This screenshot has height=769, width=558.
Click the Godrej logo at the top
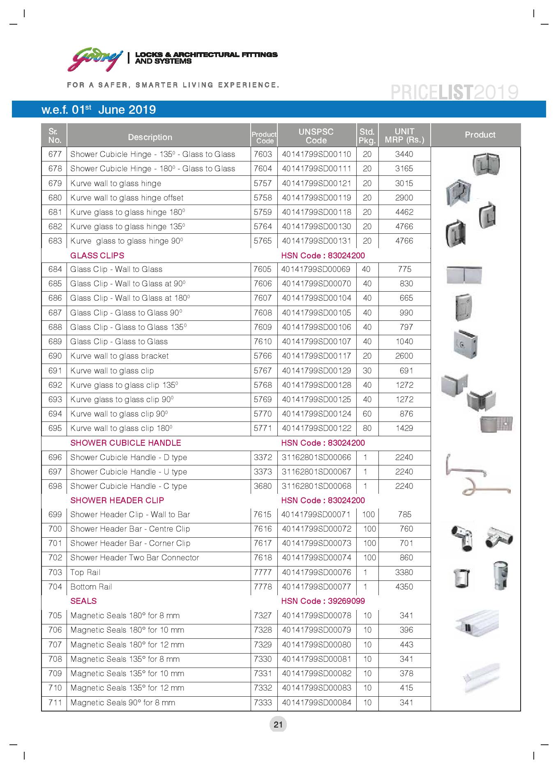(95, 59)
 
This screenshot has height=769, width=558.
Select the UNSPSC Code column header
(316, 136)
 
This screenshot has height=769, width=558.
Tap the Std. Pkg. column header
(367, 136)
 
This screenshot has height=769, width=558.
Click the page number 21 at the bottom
(278, 725)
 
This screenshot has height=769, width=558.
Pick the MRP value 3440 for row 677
(404, 154)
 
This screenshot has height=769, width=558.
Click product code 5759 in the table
(263, 212)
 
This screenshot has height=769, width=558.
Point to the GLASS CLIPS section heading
(97, 256)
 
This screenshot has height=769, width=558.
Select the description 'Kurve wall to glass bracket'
(119, 356)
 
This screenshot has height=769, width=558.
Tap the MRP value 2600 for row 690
(404, 356)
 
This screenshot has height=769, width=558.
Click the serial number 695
(55, 428)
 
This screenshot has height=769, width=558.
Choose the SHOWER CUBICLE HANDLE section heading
(125, 443)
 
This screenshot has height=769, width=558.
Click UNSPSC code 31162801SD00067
(316, 472)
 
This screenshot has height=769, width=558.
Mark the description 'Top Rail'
(85, 573)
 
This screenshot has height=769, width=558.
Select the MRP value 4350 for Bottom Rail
(404, 587)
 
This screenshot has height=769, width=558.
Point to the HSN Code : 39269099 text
(323, 601)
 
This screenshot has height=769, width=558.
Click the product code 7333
(263, 703)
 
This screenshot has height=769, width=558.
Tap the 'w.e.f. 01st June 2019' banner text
(99, 110)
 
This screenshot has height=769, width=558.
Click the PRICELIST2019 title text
(454, 92)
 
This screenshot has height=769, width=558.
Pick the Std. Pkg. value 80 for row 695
(367, 428)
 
